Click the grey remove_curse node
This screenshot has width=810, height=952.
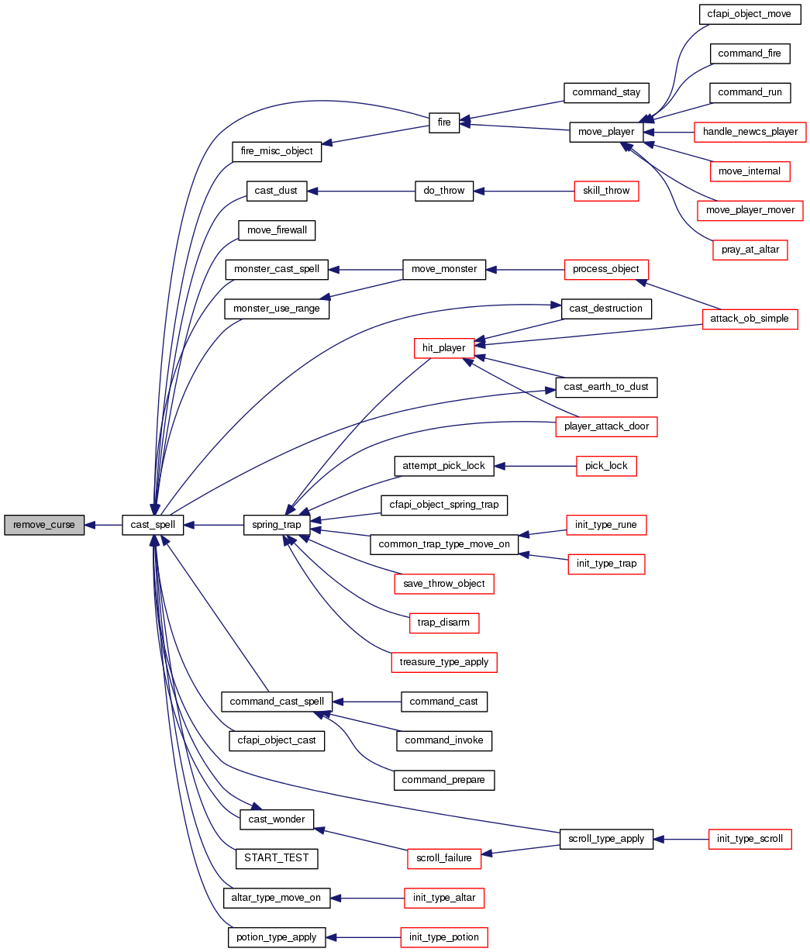(44, 525)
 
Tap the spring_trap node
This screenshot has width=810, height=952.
(277, 525)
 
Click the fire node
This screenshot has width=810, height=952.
(444, 122)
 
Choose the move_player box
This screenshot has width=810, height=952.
(606, 132)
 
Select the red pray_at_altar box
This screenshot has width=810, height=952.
(750, 250)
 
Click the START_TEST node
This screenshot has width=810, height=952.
(276, 858)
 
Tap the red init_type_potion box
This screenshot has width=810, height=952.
(444, 937)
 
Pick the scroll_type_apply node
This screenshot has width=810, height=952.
(606, 839)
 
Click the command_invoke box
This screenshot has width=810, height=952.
(444, 740)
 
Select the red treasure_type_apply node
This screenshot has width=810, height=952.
(443, 662)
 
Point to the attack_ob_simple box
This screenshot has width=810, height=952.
(750, 319)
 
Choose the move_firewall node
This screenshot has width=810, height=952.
(276, 230)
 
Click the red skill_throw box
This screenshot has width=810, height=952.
(606, 191)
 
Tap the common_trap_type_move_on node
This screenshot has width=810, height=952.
(443, 544)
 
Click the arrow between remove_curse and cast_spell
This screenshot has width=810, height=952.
(103, 525)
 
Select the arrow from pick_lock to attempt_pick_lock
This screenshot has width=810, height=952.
(535, 466)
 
